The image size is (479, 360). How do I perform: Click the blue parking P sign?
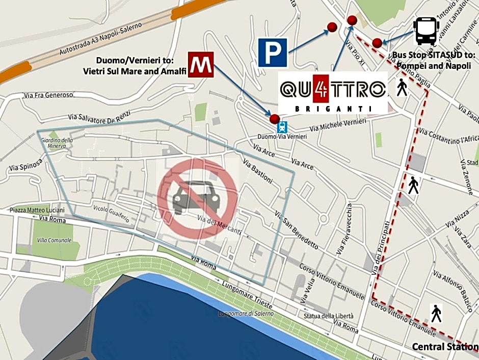(273, 52)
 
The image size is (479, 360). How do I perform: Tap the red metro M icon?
(200, 64)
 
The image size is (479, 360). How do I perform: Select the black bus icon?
(426, 31)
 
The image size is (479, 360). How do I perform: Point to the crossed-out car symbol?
(198, 198)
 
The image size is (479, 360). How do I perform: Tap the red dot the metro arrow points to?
(275, 119)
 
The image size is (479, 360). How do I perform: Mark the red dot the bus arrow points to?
(377, 43)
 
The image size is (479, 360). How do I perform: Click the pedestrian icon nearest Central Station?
(436, 313)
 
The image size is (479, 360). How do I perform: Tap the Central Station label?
(444, 347)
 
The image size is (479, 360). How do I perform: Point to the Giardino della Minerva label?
(57, 143)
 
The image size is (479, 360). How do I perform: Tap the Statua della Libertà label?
(328, 316)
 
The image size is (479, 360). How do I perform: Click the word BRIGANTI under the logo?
(333, 109)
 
